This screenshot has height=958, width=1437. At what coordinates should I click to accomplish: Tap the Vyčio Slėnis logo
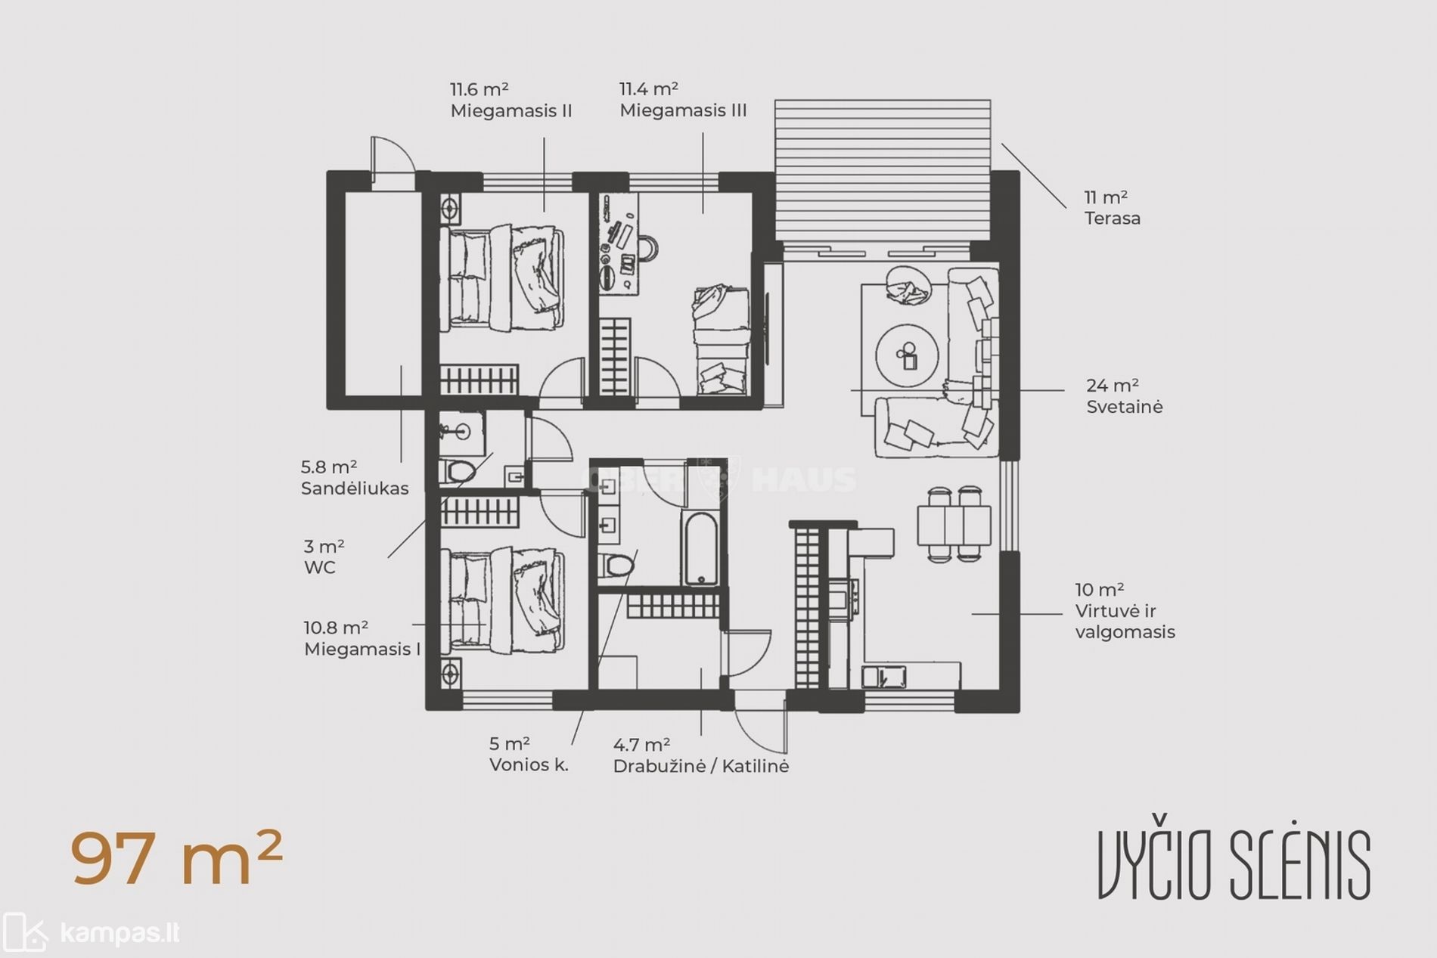(1234, 865)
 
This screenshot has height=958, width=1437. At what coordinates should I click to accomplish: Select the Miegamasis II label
(511, 111)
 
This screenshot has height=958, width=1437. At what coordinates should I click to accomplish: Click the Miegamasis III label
(683, 110)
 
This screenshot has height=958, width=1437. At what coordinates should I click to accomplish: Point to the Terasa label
(1113, 219)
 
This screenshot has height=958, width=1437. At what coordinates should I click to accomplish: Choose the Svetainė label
(1125, 407)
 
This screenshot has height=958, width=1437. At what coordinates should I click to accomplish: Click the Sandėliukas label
(355, 488)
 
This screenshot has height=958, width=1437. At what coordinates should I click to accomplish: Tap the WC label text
(320, 568)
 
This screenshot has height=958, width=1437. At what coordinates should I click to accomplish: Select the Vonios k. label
(529, 764)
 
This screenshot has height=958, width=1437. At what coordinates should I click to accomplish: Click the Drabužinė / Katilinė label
(701, 766)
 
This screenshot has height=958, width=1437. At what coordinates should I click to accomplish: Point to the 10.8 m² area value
(336, 628)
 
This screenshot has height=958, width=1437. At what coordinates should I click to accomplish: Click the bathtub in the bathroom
(701, 548)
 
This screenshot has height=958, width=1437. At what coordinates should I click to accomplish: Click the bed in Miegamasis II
(501, 277)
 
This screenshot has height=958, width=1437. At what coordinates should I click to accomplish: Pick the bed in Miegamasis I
(501, 601)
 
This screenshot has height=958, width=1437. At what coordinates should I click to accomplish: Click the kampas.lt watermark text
(119, 934)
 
